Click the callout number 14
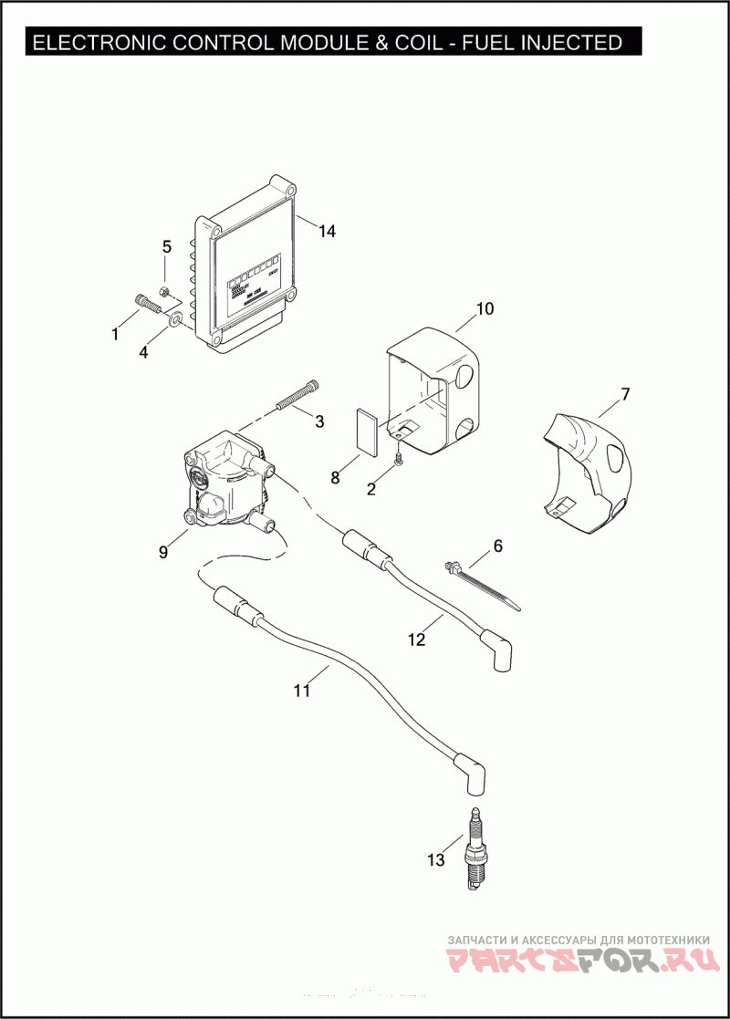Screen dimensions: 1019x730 click(327, 232)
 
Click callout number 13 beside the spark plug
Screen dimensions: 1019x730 click(436, 859)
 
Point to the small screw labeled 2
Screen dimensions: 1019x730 click(399, 466)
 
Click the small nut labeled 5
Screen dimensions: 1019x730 click(164, 292)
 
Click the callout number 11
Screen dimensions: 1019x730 click(302, 691)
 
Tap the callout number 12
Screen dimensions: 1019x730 click(416, 639)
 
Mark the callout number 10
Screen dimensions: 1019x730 click(485, 308)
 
